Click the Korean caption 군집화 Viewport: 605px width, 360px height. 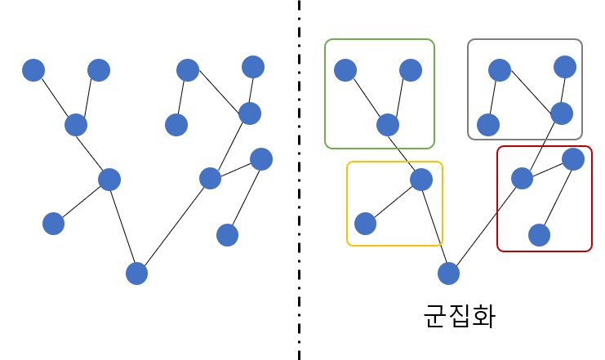(x=459, y=316)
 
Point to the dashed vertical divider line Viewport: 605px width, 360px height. (x=299, y=180)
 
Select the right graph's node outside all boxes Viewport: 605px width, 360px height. (x=448, y=273)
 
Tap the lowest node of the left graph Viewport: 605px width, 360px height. (x=136, y=273)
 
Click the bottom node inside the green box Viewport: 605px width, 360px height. (x=388, y=125)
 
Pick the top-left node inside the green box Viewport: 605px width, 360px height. (x=345, y=70)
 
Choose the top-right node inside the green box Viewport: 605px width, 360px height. (x=411, y=70)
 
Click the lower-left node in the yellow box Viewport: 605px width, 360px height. (x=366, y=224)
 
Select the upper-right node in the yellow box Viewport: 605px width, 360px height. (x=421, y=180)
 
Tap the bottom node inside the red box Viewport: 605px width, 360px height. (x=539, y=235)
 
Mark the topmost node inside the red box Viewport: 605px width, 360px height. (x=573, y=159)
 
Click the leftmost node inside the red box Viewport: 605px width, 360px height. (x=522, y=178)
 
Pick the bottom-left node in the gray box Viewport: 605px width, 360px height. (x=488, y=125)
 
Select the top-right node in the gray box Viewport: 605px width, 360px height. (x=565, y=67)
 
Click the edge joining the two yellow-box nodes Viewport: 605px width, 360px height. (x=394, y=202)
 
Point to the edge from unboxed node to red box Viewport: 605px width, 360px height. (x=485, y=226)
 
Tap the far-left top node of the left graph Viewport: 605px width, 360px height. (x=33, y=70)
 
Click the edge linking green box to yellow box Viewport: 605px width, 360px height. (x=404, y=152)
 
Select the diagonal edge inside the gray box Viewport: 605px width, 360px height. (x=531, y=91)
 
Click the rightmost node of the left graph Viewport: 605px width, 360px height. (x=261, y=159)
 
